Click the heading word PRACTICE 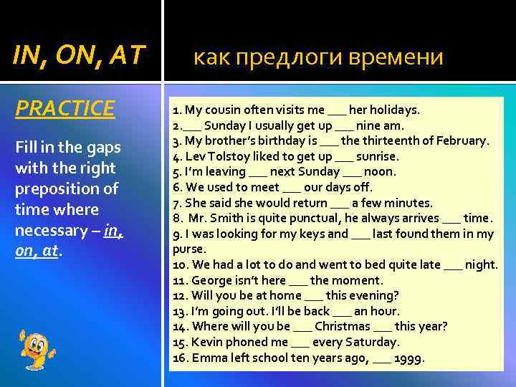pos(65,108)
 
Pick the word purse pos(189,249)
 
